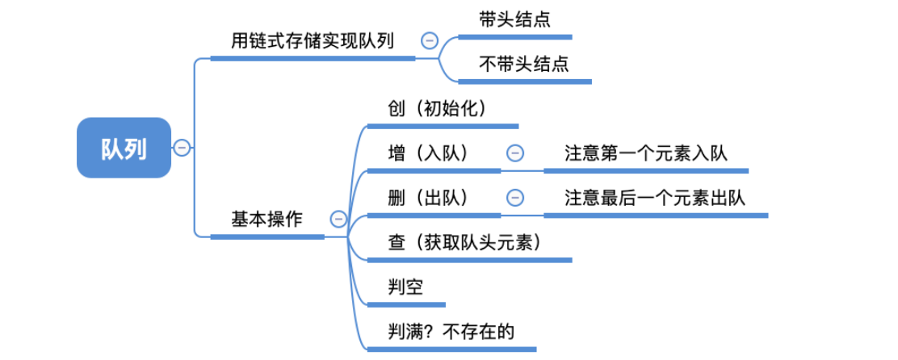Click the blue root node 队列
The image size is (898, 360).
click(x=124, y=148)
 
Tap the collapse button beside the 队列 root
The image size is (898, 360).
click(x=183, y=148)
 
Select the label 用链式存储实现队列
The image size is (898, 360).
click(x=313, y=40)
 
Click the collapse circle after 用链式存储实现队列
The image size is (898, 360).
click(x=430, y=40)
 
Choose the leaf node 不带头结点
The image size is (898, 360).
click(x=524, y=64)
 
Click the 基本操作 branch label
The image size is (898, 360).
click(x=266, y=219)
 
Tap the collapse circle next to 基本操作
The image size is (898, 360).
click(x=338, y=219)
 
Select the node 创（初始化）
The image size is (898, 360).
click(x=442, y=108)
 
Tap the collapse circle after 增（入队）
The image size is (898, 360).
click(x=514, y=153)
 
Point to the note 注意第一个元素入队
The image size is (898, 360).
click(x=645, y=153)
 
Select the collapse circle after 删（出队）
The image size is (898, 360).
click(x=514, y=197)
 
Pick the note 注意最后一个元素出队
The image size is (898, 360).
click(x=655, y=197)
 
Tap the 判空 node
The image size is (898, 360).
click(x=405, y=287)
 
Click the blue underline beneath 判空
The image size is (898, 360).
click(x=406, y=304)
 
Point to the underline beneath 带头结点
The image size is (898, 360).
click(x=514, y=37)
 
